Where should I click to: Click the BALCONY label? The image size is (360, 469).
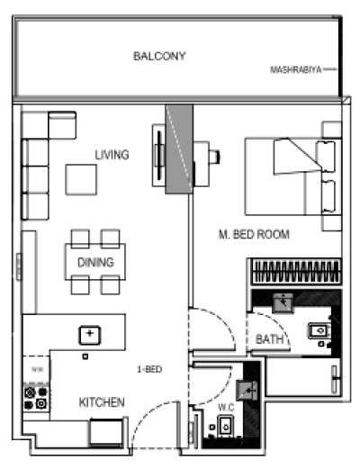pyautogui.click(x=159, y=56)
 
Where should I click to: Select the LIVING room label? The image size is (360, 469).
pyautogui.click(x=112, y=155)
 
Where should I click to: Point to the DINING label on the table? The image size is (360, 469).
pyautogui.click(x=95, y=263)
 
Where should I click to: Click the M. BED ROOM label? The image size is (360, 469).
pyautogui.click(x=253, y=234)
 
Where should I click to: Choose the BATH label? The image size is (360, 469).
pyautogui.click(x=268, y=339)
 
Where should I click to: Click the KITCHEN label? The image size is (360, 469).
pyautogui.click(x=101, y=401)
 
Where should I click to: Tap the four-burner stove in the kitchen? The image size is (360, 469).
pyautogui.click(x=35, y=399)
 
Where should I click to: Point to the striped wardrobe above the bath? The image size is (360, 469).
pyautogui.click(x=295, y=271)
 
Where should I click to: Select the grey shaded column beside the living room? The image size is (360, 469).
pyautogui.click(x=178, y=148)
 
